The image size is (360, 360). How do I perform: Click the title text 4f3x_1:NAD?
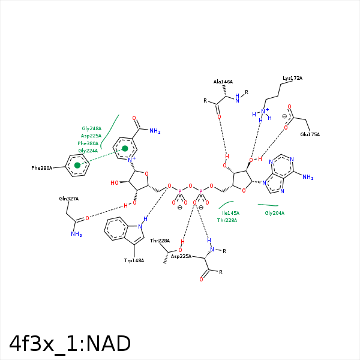[x=70, y=344]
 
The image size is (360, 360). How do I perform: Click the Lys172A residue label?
[x=292, y=79]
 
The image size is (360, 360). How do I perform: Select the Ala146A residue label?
[x=223, y=82]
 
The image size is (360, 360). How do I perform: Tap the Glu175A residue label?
[x=310, y=134]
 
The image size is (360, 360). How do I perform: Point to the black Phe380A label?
[x=42, y=168]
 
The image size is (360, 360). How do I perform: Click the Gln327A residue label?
[x=69, y=199]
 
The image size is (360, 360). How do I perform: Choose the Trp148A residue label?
[x=134, y=260]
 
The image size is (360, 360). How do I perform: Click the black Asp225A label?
[x=181, y=256]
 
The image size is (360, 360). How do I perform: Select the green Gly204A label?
[x=274, y=213]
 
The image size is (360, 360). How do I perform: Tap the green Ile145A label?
[x=230, y=213]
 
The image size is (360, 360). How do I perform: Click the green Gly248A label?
[x=91, y=128]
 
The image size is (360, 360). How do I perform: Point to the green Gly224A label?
[x=88, y=151]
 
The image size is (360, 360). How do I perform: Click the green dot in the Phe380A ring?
[x=77, y=165]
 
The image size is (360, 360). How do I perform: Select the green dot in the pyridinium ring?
[x=125, y=148]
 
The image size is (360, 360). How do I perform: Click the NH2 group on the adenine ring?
[x=308, y=177]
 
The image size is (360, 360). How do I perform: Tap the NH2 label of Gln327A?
[x=76, y=234]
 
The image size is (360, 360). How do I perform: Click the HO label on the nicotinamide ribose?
[x=114, y=182]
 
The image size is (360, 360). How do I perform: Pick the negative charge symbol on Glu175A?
[x=284, y=116]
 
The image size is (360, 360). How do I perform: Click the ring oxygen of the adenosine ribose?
[x=243, y=191]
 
